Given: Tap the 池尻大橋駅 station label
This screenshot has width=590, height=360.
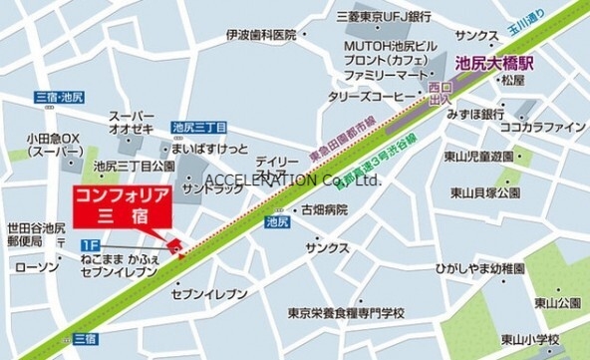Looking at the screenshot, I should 495,61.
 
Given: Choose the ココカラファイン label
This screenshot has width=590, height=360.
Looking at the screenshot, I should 543,127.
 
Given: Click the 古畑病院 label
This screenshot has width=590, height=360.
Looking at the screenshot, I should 325,209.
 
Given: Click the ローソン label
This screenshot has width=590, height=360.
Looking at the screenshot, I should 38,267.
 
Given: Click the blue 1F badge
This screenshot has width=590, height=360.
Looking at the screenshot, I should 89,243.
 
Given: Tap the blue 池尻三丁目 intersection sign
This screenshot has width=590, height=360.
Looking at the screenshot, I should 198,127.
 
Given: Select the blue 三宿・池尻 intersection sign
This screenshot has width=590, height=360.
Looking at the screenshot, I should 59,97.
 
